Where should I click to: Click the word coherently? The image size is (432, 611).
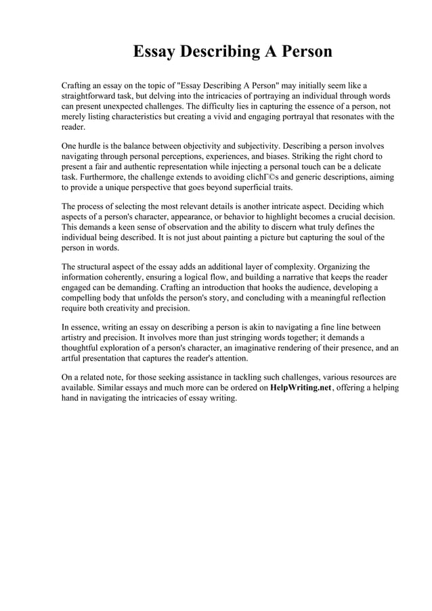(x=136, y=277)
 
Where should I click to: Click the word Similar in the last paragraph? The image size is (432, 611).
(x=106, y=388)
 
